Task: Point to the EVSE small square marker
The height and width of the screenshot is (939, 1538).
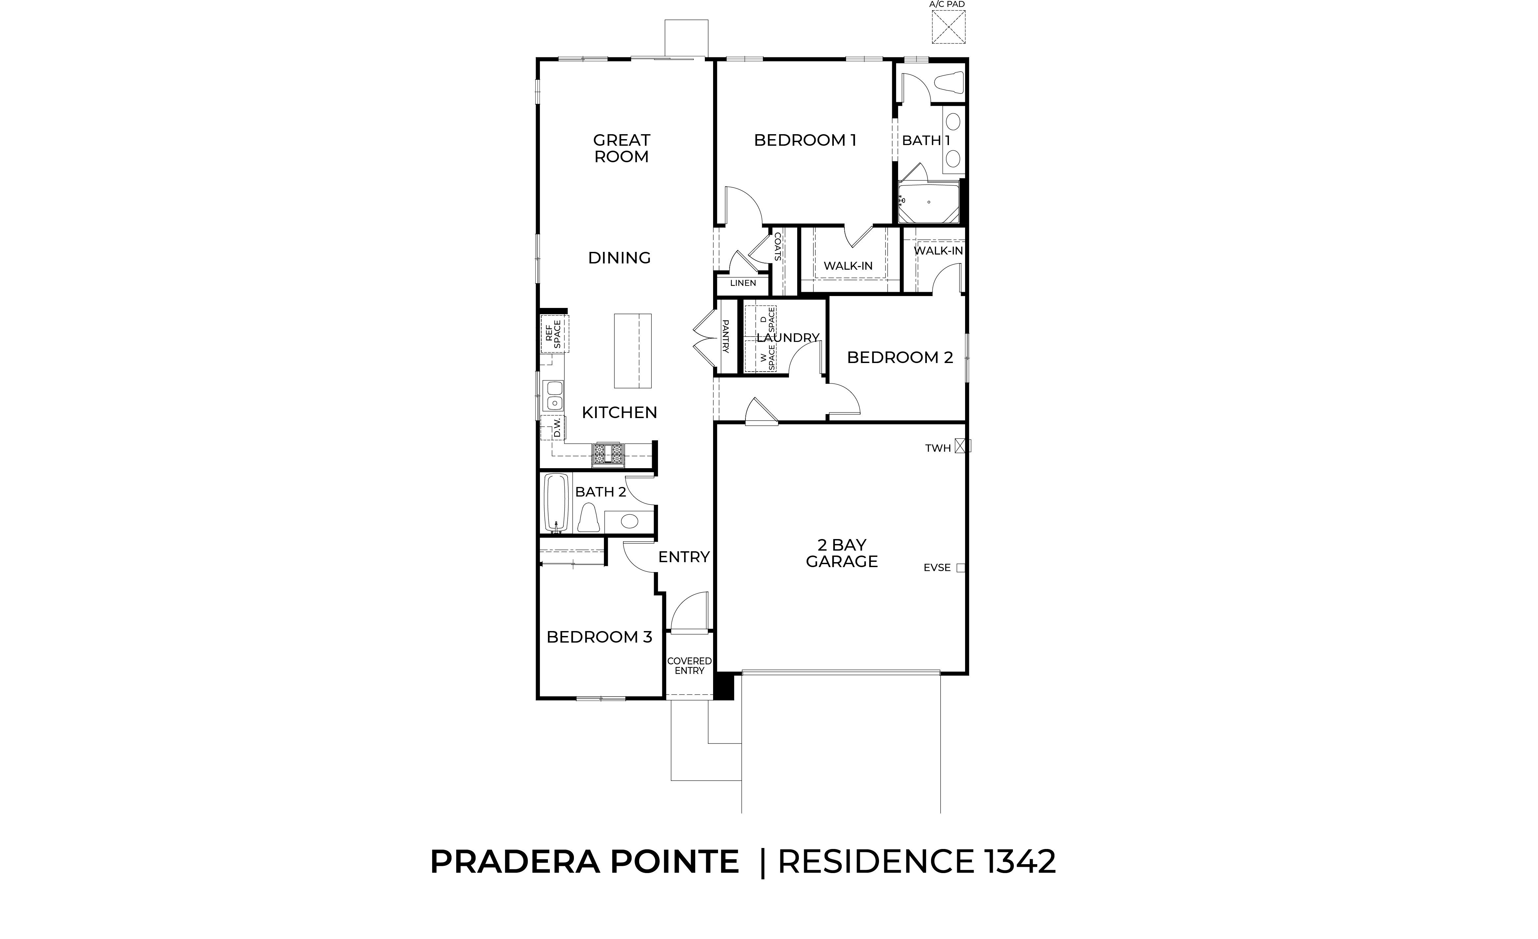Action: coord(960,568)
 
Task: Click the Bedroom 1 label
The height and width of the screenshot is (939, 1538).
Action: coord(805,140)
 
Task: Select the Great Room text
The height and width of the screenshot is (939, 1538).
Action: coord(622,148)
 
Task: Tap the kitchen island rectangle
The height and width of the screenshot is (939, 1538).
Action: coord(633,351)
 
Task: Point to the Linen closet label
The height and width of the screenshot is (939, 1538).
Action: coord(743,283)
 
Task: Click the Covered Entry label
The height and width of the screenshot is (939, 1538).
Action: coord(689,666)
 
